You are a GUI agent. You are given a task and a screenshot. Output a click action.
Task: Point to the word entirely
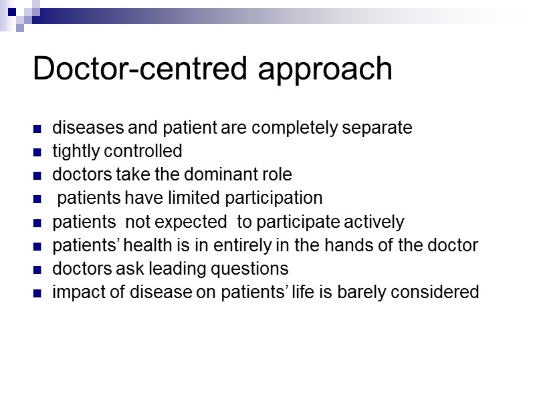(249, 246)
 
